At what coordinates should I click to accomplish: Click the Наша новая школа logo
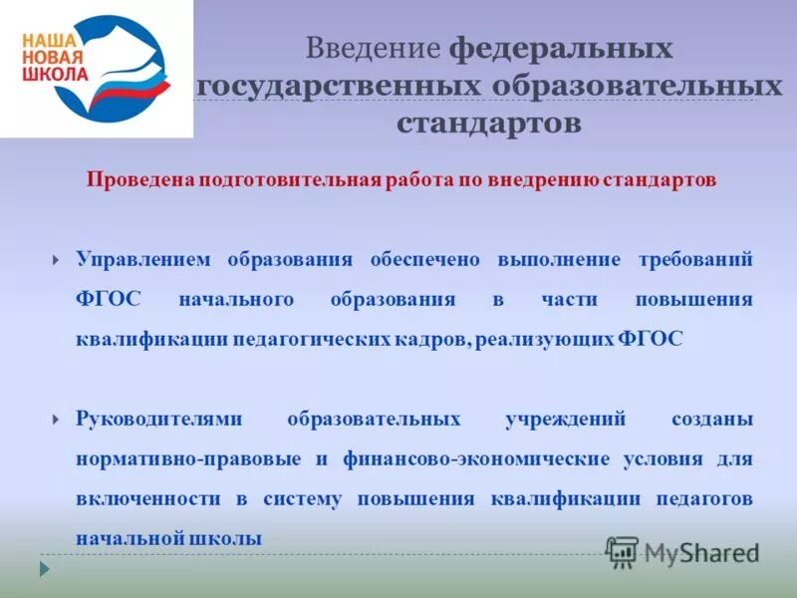(97, 68)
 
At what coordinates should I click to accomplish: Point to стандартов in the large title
(488, 124)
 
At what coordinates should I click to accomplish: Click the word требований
(694, 259)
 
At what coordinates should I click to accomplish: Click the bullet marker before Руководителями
(56, 420)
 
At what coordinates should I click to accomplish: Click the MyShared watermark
(682, 551)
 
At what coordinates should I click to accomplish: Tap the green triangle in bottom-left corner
(43, 569)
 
